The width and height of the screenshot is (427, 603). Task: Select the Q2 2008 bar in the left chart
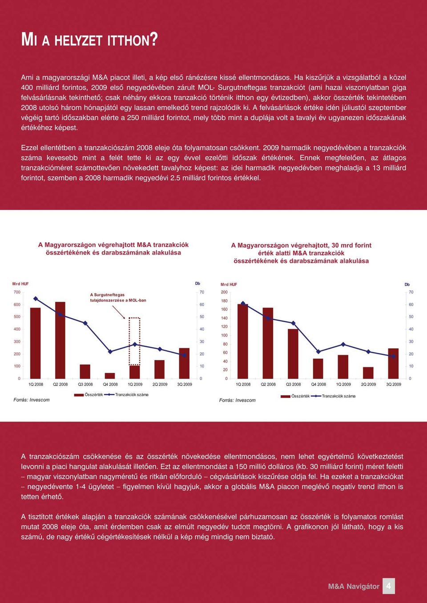click(60, 340)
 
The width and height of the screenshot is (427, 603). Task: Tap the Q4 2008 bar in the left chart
click(110, 376)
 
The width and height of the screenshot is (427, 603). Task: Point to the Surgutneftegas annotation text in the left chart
click(118, 297)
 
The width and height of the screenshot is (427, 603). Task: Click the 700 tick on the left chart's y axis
click(17, 292)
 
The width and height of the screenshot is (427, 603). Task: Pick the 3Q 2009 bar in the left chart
click(184, 363)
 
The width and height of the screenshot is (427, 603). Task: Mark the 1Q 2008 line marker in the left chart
click(35, 298)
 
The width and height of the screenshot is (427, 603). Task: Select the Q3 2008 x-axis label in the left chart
click(85, 384)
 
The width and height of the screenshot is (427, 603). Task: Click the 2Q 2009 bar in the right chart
click(368, 373)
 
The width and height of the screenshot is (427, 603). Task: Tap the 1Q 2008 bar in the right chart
click(243, 341)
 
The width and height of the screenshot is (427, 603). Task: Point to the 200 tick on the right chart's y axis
click(225, 292)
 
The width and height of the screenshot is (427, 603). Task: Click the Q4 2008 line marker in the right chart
click(318, 351)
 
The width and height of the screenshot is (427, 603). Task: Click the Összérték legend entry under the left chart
click(89, 395)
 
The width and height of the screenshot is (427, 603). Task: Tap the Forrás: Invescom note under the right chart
click(237, 400)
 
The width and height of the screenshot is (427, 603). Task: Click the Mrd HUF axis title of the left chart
click(20, 284)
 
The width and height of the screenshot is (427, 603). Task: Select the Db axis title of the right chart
click(407, 284)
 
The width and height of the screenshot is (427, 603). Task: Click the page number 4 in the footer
click(388, 586)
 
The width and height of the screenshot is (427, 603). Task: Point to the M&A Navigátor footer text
click(354, 586)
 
